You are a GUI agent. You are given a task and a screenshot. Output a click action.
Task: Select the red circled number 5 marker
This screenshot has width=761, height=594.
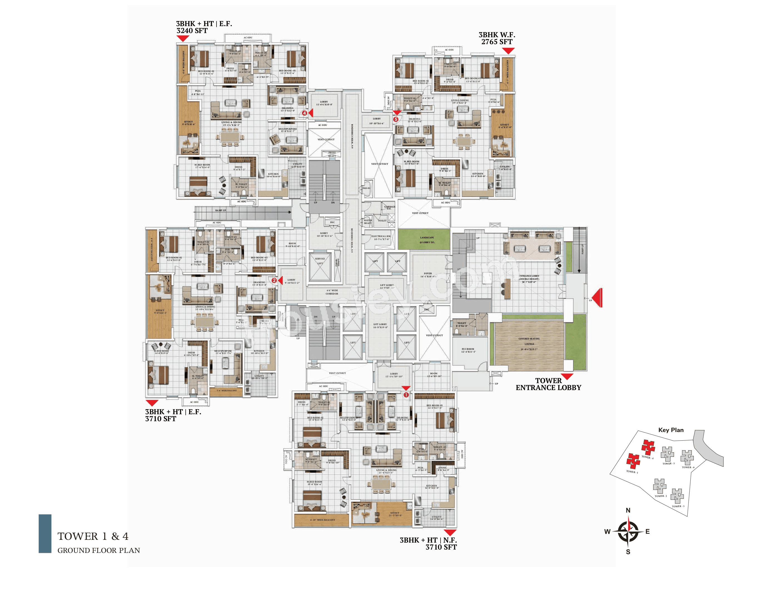click(x=396, y=119)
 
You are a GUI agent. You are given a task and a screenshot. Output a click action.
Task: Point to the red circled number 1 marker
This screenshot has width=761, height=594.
click(x=406, y=395)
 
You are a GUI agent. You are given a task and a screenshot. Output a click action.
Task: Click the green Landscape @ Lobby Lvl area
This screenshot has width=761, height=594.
click(x=424, y=240)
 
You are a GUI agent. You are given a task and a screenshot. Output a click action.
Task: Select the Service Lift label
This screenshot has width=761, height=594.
click(x=320, y=261)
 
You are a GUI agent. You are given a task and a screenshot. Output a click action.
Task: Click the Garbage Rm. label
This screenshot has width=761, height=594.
click(x=390, y=208)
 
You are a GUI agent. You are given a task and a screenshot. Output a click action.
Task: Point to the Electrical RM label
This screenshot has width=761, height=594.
click(x=381, y=238)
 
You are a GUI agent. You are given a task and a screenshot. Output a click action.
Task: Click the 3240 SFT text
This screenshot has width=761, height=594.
click(x=192, y=31)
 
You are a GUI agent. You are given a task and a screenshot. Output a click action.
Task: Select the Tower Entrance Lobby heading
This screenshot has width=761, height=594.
click(x=548, y=384)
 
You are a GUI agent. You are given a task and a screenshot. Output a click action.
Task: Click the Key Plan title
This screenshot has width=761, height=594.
click(x=671, y=430)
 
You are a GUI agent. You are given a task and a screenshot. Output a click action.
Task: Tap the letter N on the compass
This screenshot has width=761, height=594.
click(x=628, y=510)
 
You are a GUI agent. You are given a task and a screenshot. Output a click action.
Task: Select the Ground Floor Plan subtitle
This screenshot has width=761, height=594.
click(x=99, y=550)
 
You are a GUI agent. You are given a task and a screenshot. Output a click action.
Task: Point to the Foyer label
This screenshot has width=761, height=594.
click(x=428, y=275)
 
